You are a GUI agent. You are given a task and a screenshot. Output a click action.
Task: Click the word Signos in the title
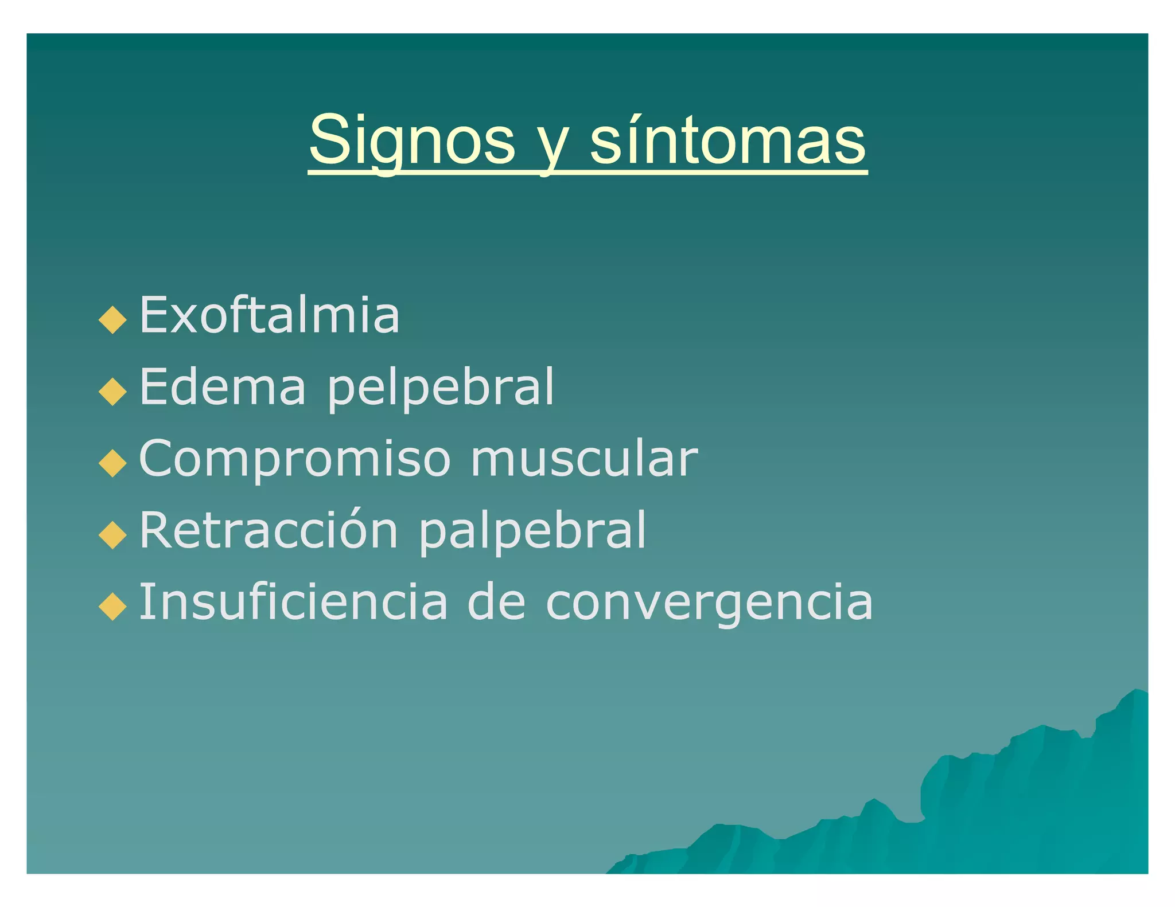pyautogui.click(x=411, y=141)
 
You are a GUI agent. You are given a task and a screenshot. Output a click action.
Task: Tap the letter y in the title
pyautogui.click(x=553, y=146)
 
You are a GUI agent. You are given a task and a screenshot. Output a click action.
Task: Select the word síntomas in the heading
pyautogui.click(x=727, y=141)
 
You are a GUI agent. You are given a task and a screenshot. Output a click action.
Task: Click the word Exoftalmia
pyautogui.click(x=269, y=315)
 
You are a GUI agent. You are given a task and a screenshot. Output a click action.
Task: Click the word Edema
pyautogui.click(x=223, y=386)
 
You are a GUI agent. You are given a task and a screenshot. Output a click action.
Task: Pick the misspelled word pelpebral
pyautogui.click(x=441, y=389)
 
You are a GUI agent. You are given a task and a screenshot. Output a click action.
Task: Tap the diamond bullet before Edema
pyautogui.click(x=112, y=392)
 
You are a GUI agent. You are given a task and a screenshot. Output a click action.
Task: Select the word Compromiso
pyautogui.click(x=295, y=459)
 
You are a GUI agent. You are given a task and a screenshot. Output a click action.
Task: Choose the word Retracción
pyautogui.click(x=269, y=530)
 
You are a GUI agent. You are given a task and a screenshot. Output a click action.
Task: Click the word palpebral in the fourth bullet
pyautogui.click(x=532, y=532)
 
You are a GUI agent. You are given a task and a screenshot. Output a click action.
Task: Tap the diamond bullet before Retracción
pyautogui.click(x=112, y=535)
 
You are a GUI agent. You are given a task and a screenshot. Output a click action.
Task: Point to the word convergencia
pyautogui.click(x=709, y=603)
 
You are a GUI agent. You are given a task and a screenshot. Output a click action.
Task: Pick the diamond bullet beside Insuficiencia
pyautogui.click(x=112, y=607)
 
